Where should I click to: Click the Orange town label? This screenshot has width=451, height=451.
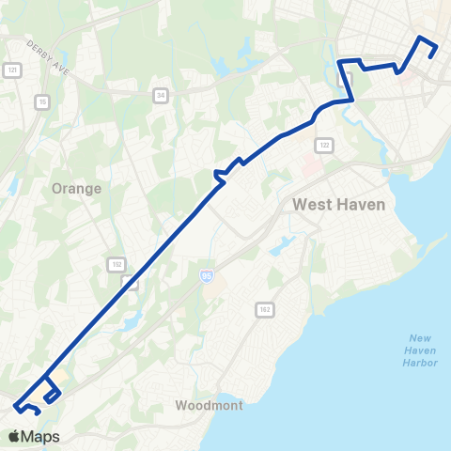pyautogui.click(x=77, y=187)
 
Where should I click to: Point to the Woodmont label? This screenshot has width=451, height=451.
pyautogui.click(x=210, y=406)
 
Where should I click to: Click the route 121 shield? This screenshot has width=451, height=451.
pyautogui.click(x=12, y=70)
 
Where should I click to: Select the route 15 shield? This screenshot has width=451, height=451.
pyautogui.click(x=42, y=101)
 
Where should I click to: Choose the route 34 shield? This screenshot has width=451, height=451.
pyautogui.click(x=161, y=94)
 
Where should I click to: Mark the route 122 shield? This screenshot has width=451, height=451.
pyautogui.click(x=323, y=144)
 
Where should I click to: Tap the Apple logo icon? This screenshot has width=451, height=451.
pyautogui.click(x=14, y=436)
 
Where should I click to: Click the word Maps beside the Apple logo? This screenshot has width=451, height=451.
pyautogui.click(x=40, y=436)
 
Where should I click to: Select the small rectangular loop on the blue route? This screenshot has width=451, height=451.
pyautogui.click(x=51, y=395)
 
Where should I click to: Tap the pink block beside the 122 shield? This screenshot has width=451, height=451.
pyautogui.click(x=310, y=164)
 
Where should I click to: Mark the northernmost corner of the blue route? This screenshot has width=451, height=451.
pyautogui.click(x=421, y=37)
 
